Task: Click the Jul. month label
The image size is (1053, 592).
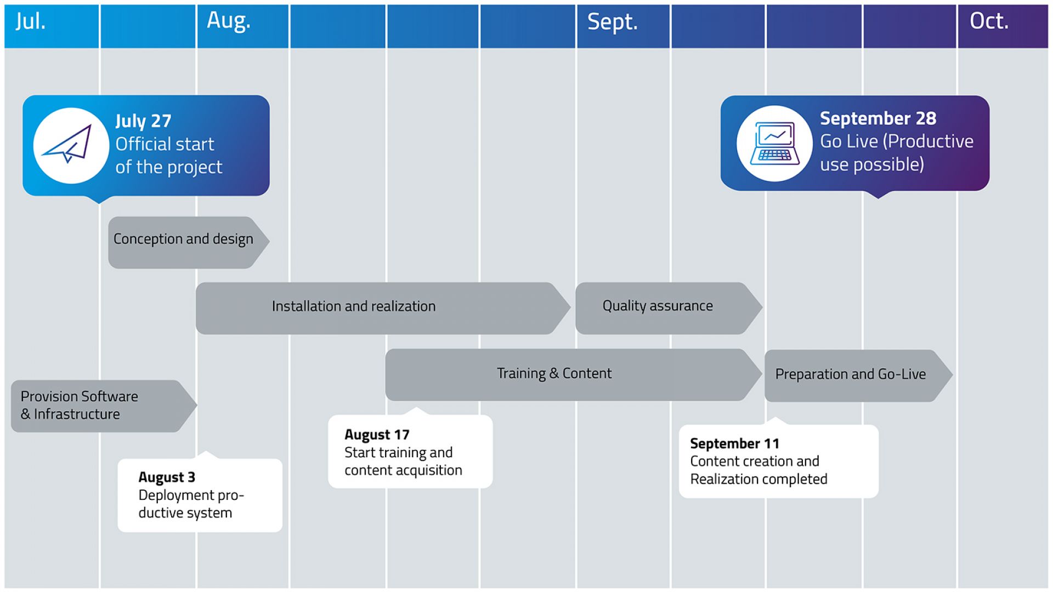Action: (x=31, y=21)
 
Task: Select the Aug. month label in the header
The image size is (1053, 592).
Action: (x=228, y=21)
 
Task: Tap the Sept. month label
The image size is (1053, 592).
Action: (x=612, y=22)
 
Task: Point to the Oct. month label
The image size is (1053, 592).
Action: (x=989, y=21)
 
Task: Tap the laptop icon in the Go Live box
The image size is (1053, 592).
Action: (x=774, y=143)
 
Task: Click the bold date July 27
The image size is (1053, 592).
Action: (x=143, y=121)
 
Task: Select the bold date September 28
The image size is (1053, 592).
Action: (x=877, y=118)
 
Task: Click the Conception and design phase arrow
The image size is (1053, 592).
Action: (x=183, y=240)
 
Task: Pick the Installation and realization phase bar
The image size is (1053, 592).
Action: (x=354, y=306)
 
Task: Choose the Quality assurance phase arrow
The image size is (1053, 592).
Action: (x=658, y=306)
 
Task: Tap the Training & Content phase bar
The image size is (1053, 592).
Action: (x=554, y=374)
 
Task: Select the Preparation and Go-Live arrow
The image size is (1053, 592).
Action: (x=850, y=374)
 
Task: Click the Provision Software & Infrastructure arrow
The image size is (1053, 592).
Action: (x=80, y=405)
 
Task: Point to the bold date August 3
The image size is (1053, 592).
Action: (x=167, y=477)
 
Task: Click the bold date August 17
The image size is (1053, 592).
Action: (x=377, y=435)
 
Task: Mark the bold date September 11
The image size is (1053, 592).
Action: (x=734, y=443)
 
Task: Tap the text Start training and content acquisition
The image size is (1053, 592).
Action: (x=403, y=462)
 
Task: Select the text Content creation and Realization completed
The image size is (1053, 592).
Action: (x=758, y=470)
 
